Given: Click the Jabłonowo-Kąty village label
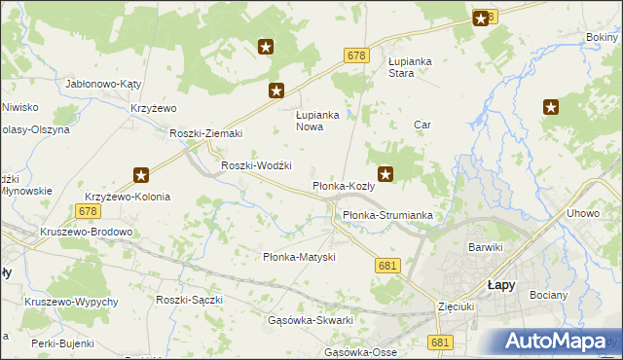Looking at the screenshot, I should (x=103, y=84).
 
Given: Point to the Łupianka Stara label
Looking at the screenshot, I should (x=410, y=66).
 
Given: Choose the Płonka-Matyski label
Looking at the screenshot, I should (x=299, y=257).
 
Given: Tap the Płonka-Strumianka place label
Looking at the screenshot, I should (x=386, y=215).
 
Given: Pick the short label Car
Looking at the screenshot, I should (x=421, y=125).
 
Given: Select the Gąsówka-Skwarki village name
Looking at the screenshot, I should (x=310, y=320).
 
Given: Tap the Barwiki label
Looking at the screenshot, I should (x=485, y=247).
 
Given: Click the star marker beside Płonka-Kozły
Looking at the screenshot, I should (x=386, y=175).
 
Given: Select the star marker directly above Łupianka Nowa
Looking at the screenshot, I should (x=277, y=91).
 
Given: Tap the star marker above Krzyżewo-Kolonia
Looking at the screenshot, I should (x=141, y=175).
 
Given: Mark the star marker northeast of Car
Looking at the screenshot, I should (x=551, y=108).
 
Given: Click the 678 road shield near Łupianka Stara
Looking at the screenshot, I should (x=355, y=56).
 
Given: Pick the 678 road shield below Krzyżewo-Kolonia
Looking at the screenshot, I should (x=88, y=210).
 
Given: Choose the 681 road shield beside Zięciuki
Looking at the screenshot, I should (x=440, y=342).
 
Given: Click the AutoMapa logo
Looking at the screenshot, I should (x=558, y=342).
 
